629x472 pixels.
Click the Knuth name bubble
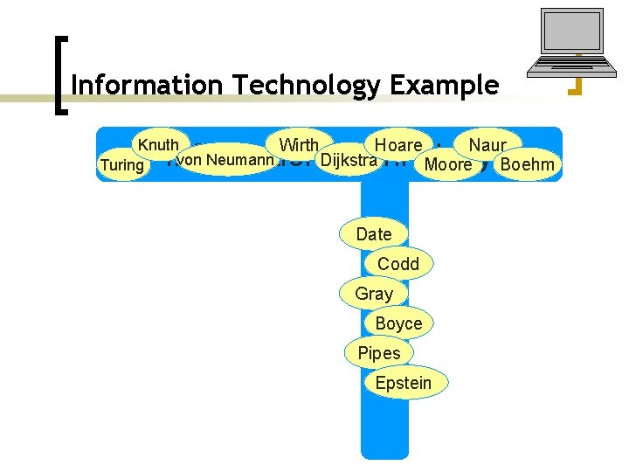coord(158,145)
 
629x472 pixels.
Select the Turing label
coord(121,164)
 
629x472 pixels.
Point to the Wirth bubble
coord(299,145)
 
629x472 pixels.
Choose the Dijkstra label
coord(349,161)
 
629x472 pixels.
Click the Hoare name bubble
coord(397,145)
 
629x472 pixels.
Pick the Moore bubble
coord(448,164)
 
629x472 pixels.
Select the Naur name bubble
coord(487,145)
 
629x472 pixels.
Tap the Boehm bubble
coord(528,164)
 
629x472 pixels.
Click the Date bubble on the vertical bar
coord(374,234)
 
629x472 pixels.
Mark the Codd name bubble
coord(398,264)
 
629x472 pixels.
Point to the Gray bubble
coord(374,294)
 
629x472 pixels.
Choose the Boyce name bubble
coord(398,323)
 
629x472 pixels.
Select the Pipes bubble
coord(379,353)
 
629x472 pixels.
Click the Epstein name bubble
coord(404,383)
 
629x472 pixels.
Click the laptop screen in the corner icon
coord(571,35)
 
